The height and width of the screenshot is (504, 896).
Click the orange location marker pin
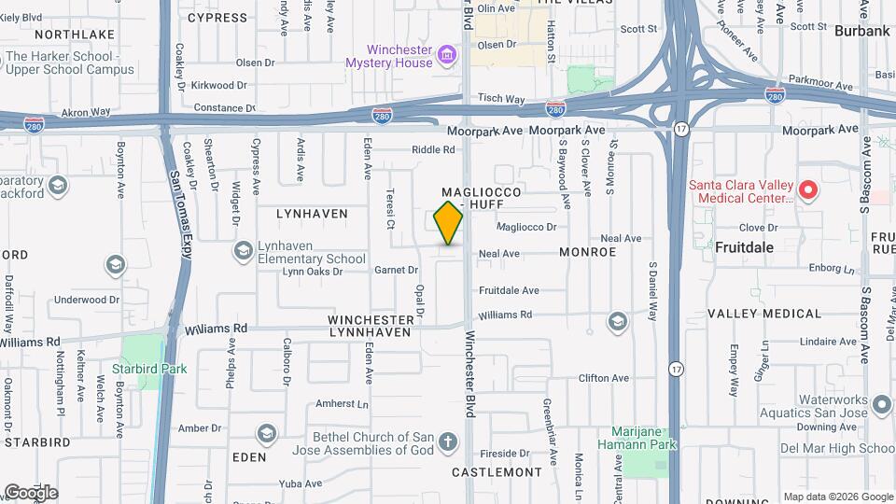pos(448,222)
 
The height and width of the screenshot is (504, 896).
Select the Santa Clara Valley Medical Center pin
pos(808,191)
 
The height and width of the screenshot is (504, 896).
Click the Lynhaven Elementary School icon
pos(244,252)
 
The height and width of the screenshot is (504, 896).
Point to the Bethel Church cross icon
pos(448,442)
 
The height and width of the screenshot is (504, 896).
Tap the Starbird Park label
pos(149,369)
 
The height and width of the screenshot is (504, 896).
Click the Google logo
pos(30,492)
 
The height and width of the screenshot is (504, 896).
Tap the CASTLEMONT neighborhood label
pos(497,472)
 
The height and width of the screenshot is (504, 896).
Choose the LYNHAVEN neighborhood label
pos(312,214)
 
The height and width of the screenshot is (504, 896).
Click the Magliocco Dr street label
pos(526,227)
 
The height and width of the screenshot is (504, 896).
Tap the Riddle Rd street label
pos(433,149)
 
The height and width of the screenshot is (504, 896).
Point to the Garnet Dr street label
pos(396,270)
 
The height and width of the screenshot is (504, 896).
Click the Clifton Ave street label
pos(604,378)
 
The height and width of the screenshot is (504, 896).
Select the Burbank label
pos(863,31)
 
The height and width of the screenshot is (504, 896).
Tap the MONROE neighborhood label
pos(588,252)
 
